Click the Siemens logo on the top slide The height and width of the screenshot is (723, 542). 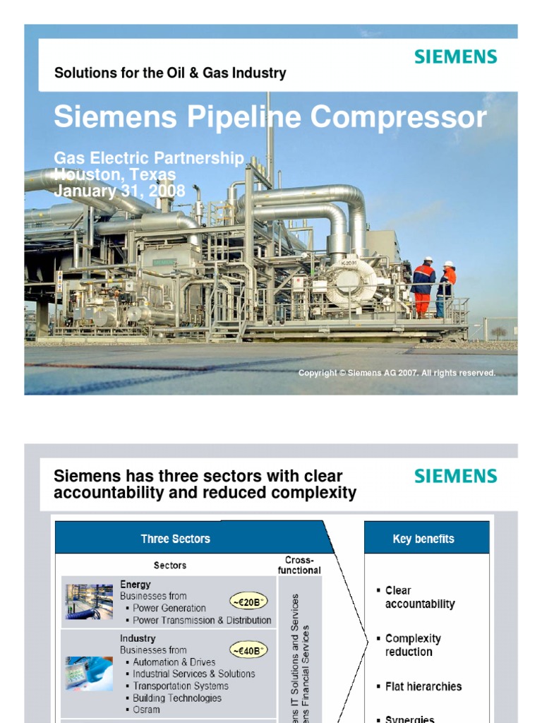455,57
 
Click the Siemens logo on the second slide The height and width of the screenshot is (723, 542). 455,476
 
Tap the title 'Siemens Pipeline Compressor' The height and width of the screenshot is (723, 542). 270,118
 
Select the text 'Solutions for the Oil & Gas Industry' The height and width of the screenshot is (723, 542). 170,73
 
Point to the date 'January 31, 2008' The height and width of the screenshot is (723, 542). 120,191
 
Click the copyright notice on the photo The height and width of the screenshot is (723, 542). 397,373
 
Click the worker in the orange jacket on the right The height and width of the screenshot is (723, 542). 447,286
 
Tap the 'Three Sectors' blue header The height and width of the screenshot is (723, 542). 175,539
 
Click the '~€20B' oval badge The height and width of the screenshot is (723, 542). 248,601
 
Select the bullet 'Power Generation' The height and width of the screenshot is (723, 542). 169,608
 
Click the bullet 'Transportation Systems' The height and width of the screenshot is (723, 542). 181,686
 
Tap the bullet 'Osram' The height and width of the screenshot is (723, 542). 146,710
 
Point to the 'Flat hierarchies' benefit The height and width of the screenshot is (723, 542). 423,686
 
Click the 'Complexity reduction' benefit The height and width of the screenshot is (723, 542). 413,645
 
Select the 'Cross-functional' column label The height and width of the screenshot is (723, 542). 299,565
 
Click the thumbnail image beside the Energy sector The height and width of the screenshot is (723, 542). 90,602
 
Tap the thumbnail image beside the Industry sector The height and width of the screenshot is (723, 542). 90,674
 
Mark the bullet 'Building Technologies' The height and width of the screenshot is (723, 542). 177,698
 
